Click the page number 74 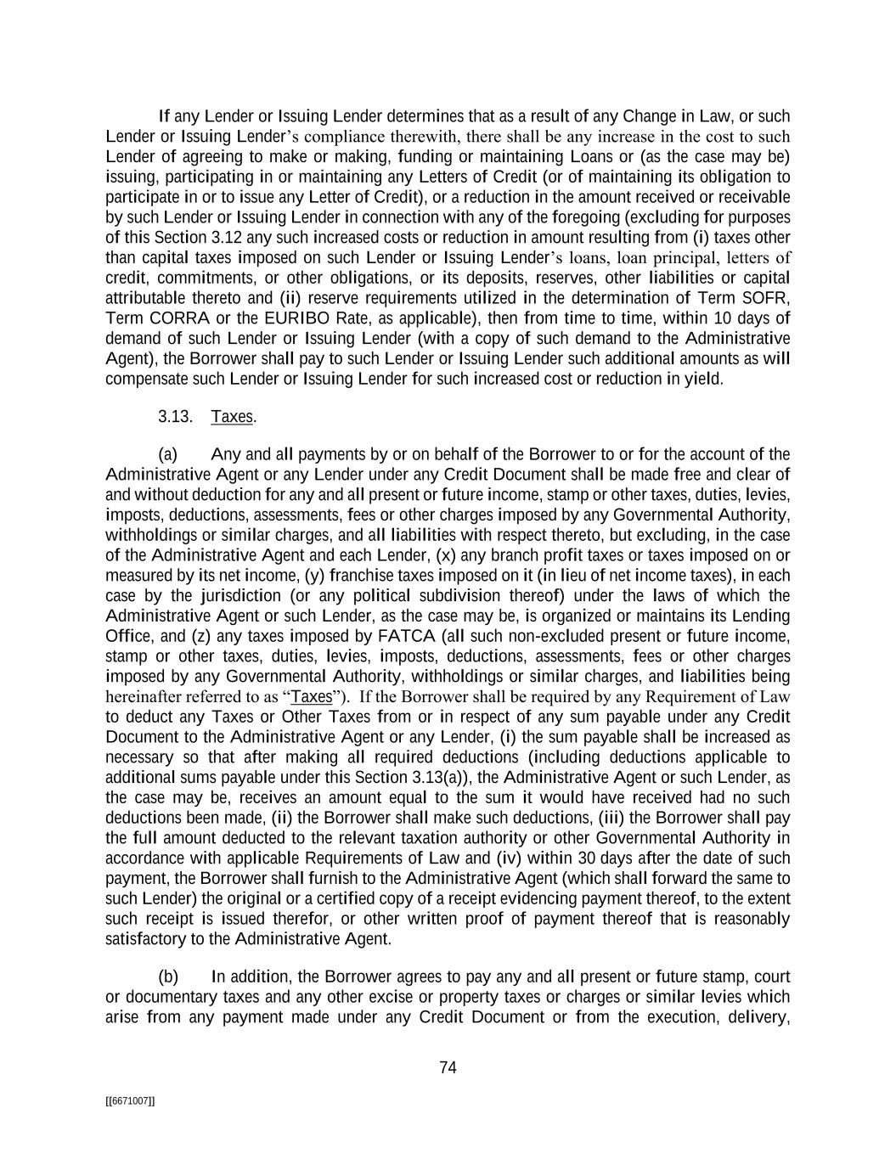point(448,1068)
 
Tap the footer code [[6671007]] point(130,1101)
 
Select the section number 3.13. point(175,417)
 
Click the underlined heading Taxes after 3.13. point(232,417)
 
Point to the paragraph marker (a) point(168,454)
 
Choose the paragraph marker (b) point(168,976)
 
